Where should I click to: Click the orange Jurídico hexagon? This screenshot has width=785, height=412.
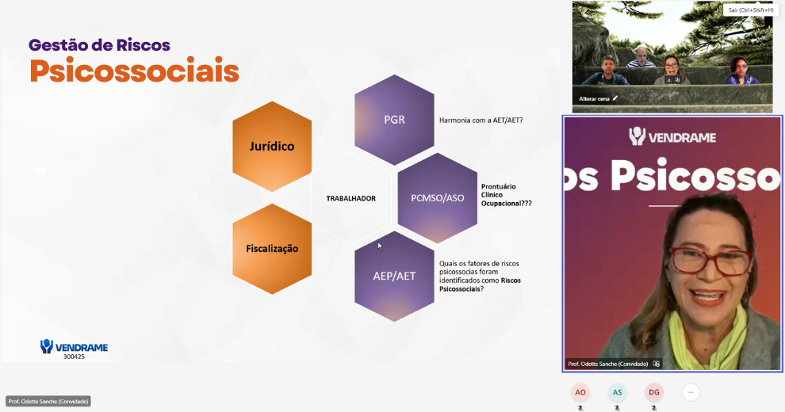[x=272, y=147]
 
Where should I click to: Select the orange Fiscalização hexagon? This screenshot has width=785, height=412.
[x=272, y=249]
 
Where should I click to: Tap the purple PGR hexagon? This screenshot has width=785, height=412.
[x=394, y=120]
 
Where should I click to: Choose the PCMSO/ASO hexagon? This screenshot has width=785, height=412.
[x=438, y=198]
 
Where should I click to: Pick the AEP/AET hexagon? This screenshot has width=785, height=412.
[x=394, y=276]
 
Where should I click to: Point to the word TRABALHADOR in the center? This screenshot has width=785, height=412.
[x=351, y=199]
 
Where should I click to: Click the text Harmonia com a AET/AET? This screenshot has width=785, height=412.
[x=481, y=120]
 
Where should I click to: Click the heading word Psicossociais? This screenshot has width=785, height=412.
[x=134, y=71]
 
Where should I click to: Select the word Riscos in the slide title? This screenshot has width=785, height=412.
[x=144, y=45]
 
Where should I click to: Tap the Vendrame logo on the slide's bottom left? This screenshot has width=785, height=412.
[x=74, y=346]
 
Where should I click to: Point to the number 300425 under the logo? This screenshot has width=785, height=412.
[x=74, y=357]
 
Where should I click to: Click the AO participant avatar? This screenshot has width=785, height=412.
[x=580, y=392]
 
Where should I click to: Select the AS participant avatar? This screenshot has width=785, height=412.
[x=617, y=392]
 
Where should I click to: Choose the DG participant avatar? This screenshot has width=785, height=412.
[x=654, y=392]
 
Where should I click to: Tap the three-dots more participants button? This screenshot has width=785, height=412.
[x=691, y=392]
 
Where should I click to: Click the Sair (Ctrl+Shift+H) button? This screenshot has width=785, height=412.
[x=750, y=10]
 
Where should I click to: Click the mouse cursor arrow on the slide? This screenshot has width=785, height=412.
[x=380, y=246]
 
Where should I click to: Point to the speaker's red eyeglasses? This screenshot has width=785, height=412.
[x=711, y=261]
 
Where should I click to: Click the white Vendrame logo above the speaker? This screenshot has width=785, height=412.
[x=672, y=136]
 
